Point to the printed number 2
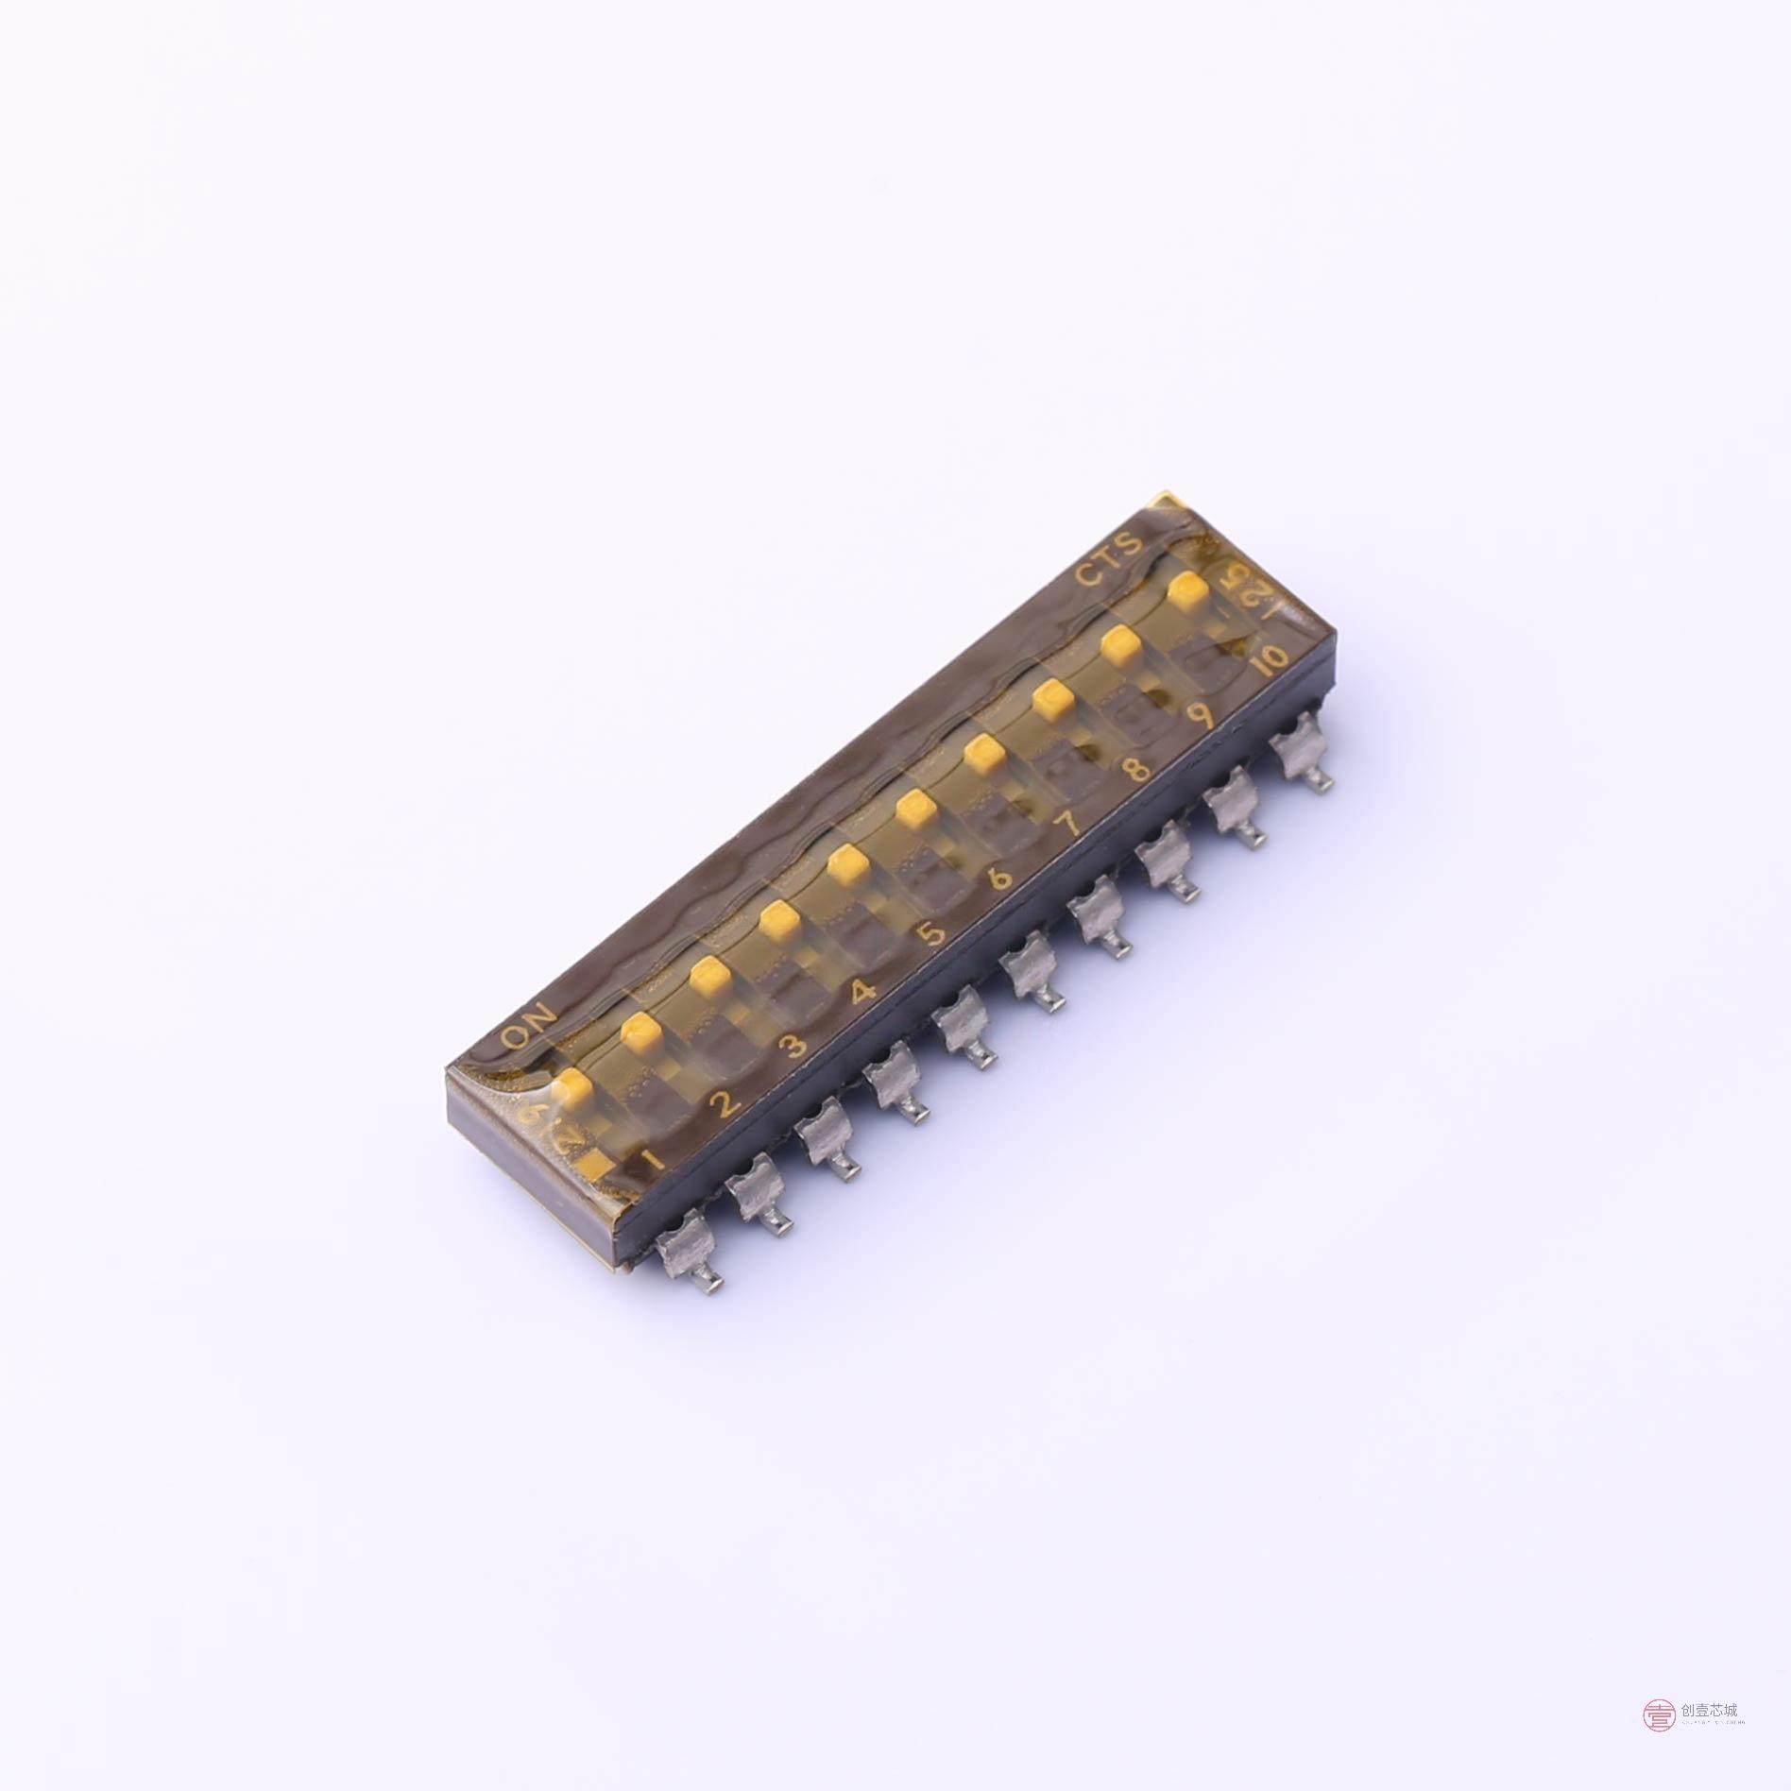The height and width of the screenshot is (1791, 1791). click(x=725, y=1102)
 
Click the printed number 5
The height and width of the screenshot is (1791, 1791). click(x=931, y=933)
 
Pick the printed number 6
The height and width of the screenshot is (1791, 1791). click(x=1001, y=878)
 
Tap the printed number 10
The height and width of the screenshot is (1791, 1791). click(x=1267, y=658)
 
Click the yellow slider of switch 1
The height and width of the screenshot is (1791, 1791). click(x=573, y=1087)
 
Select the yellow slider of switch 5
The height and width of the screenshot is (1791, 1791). click(x=846, y=862)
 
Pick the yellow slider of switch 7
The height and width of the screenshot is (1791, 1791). click(x=982, y=753)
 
